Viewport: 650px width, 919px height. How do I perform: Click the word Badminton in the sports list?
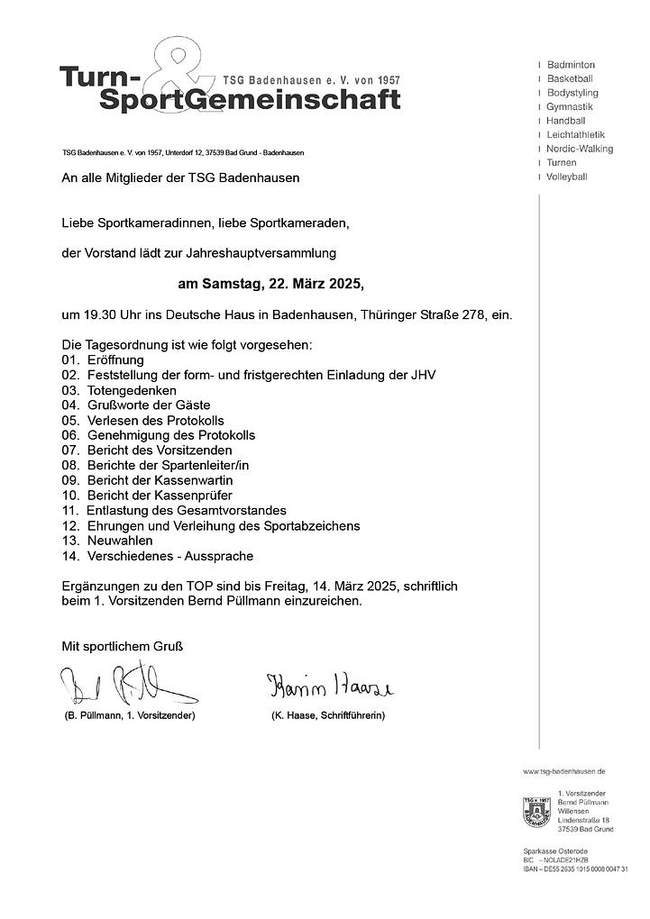(x=571, y=65)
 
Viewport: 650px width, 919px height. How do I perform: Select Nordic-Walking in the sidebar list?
(x=579, y=149)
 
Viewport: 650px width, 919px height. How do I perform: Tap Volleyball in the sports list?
(x=566, y=177)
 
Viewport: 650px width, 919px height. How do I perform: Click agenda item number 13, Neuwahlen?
(x=120, y=541)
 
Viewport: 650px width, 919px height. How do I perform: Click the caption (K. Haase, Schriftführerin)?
(x=328, y=715)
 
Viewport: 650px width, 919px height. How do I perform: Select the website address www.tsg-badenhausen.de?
(x=564, y=772)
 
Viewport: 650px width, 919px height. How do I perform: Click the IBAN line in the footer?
(x=575, y=868)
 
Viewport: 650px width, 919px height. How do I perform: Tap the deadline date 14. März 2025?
(x=338, y=586)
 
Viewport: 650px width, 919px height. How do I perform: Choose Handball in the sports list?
(x=565, y=121)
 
